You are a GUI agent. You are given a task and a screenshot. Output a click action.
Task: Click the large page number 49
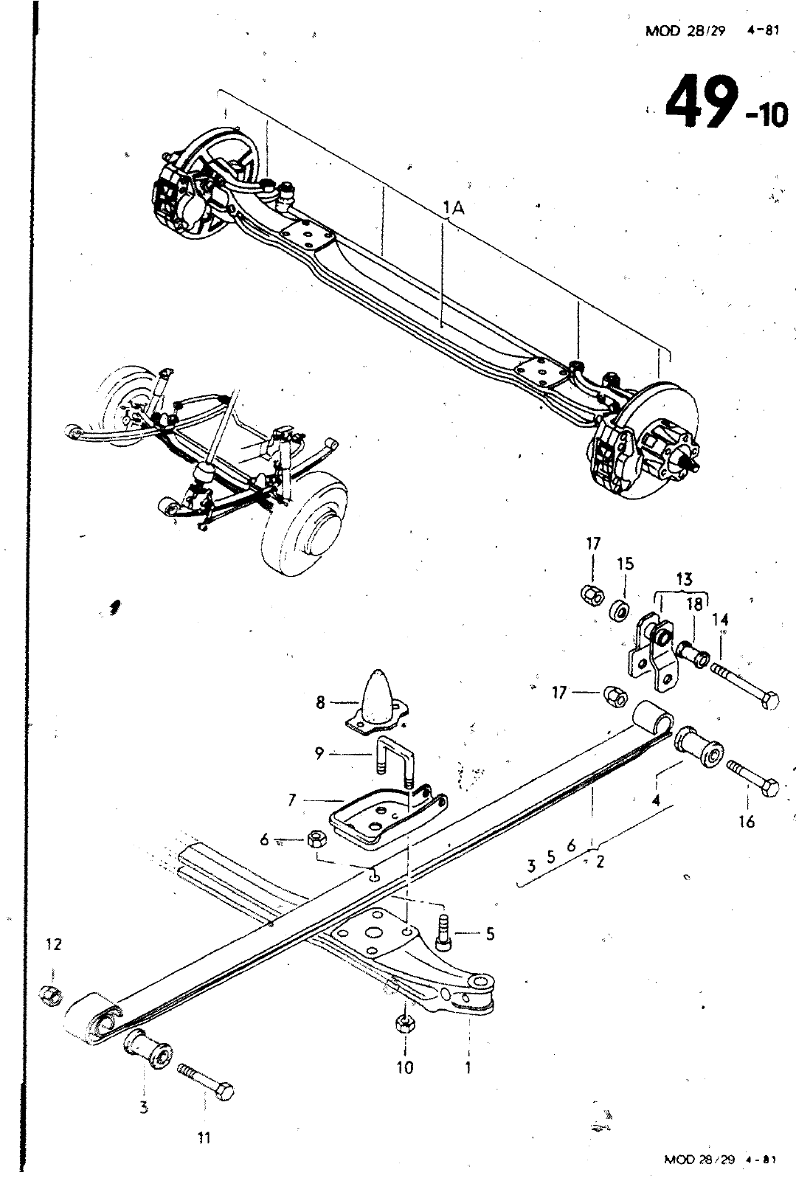coord(700,101)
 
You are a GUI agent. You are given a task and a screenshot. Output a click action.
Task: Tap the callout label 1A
coord(454,208)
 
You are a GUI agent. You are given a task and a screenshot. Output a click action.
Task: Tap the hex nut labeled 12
coord(51,995)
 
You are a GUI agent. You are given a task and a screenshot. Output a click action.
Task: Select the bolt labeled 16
coord(752,779)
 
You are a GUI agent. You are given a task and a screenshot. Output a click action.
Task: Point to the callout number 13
coord(684,579)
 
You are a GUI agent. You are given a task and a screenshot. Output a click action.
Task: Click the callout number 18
coord(695,604)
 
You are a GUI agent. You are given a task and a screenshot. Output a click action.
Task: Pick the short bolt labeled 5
coord(444,936)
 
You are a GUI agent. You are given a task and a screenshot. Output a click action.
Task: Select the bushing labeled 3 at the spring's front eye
coord(148,1049)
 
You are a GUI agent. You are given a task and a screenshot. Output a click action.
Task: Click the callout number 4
coord(656,800)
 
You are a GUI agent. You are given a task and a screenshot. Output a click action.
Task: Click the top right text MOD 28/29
coord(685,30)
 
